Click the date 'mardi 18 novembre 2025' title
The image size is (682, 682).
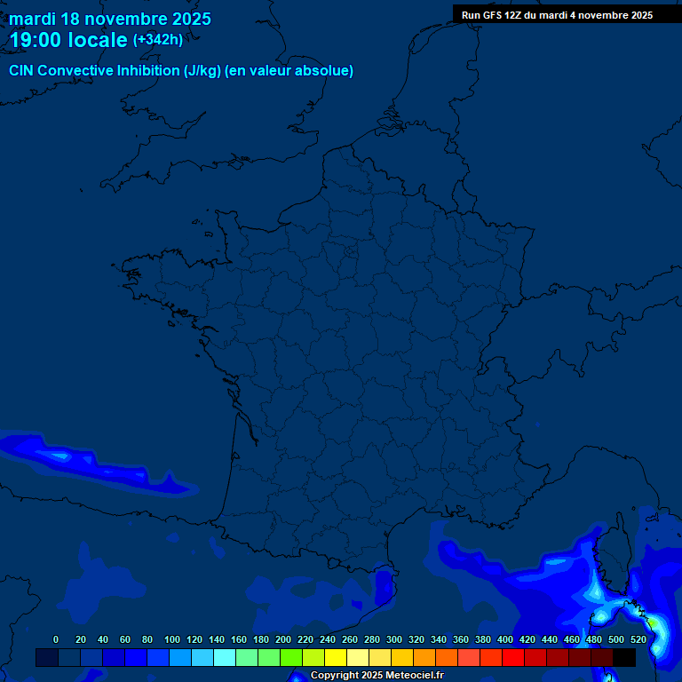(x=110, y=19)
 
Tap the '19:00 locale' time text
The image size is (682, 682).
(x=68, y=40)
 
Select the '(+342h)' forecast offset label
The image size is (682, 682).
(x=158, y=40)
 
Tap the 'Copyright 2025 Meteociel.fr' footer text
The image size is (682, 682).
(x=377, y=675)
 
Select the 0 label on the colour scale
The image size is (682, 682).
(x=56, y=639)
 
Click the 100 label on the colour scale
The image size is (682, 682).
(x=172, y=639)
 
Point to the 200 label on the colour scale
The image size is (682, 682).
(x=283, y=639)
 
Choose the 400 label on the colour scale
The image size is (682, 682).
(x=505, y=639)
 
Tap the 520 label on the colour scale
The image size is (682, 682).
(x=638, y=639)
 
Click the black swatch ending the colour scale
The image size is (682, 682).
(x=624, y=657)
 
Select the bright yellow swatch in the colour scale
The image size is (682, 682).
(x=336, y=657)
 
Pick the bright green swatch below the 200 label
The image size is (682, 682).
(x=291, y=657)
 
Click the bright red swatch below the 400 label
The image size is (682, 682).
(x=513, y=657)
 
